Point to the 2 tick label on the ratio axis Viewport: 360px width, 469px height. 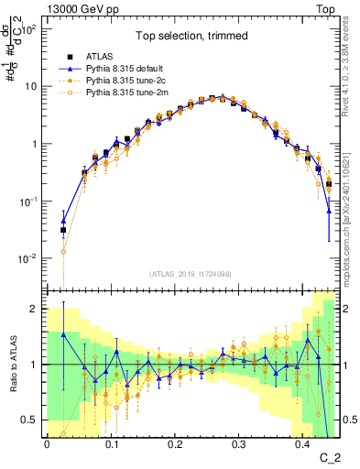(x=35, y=309)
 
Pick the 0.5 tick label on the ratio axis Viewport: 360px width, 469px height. (x=30, y=420)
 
